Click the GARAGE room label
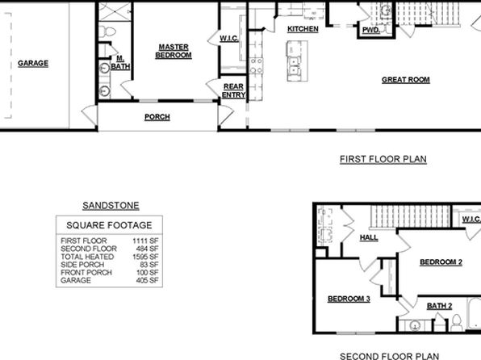click(x=33, y=64)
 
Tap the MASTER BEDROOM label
click(x=174, y=51)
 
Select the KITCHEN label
click(x=303, y=29)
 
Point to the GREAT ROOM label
click(x=405, y=80)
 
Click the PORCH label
click(x=157, y=117)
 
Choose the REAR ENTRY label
click(x=234, y=91)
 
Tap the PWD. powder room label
click(x=371, y=30)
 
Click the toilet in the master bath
click(x=107, y=31)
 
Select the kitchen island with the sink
click(x=297, y=61)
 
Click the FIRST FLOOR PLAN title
click(x=383, y=159)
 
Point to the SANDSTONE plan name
click(x=111, y=205)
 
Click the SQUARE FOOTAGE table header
click(x=109, y=225)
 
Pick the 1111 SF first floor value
click(x=145, y=241)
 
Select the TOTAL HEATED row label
click(x=87, y=257)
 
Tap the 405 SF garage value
click(x=147, y=280)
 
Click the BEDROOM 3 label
click(x=349, y=299)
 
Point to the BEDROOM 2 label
click(x=441, y=262)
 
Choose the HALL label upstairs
click(x=369, y=237)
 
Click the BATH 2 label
click(x=439, y=306)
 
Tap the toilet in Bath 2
click(x=457, y=323)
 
